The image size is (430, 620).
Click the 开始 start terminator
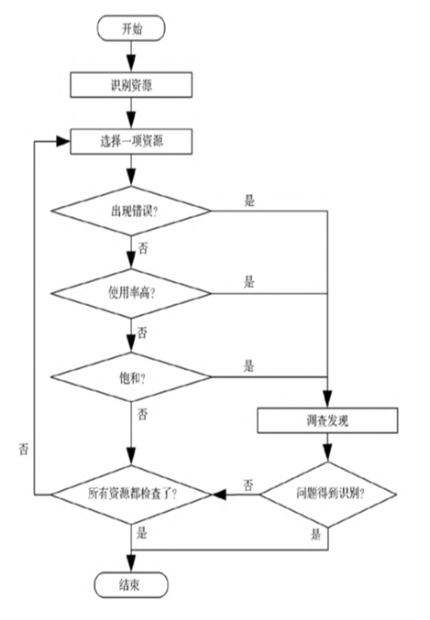pos(131,28)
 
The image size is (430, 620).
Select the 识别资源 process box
pos(131,85)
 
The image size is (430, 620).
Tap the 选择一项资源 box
pos(131,141)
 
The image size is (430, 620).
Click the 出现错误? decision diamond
pos(131,212)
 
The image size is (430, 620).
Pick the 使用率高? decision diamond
pos(131,293)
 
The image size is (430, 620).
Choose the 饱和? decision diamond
pos(131,377)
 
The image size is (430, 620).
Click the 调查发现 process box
pos(327,420)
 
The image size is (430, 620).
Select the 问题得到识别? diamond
pos(328,495)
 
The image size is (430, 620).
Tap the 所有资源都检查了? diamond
pos(131,495)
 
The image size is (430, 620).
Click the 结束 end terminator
pos(131,585)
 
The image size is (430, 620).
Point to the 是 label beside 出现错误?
pos(249,201)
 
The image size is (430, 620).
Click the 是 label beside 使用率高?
pos(249,282)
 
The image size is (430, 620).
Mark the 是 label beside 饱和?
pos(248,366)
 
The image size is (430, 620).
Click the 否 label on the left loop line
pos(24,449)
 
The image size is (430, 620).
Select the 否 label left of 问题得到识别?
pos(248,485)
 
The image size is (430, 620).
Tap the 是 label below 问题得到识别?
pos(315,535)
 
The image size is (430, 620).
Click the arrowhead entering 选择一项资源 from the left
pos(63,141)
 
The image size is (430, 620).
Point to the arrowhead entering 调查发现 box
pos(327,400)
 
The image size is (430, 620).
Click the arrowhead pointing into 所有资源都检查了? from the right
pos(219,495)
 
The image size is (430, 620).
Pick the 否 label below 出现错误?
pos(143,248)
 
